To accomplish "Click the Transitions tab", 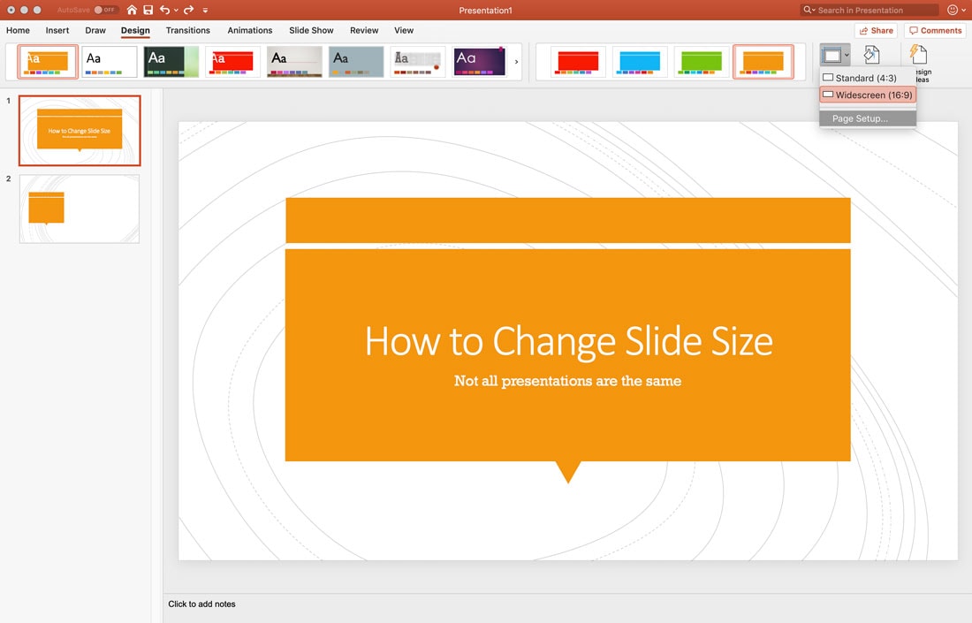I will click(187, 30).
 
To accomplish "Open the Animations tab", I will click(250, 30).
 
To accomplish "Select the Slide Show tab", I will click(311, 30).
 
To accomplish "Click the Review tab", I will click(364, 30).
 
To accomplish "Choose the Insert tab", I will click(57, 30).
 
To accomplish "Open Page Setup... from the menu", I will click(860, 118).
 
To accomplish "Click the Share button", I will click(876, 30).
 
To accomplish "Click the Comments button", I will click(935, 30).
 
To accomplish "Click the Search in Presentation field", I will click(875, 10).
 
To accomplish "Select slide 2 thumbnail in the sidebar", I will click(80, 209).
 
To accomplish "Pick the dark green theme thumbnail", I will click(171, 62).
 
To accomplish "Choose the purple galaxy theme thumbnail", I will click(480, 62).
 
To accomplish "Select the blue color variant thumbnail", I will click(641, 62).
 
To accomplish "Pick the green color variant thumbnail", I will click(702, 62).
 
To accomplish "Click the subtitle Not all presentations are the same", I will click(567, 381).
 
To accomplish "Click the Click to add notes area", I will click(202, 604).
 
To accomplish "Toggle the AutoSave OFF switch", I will click(105, 10).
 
